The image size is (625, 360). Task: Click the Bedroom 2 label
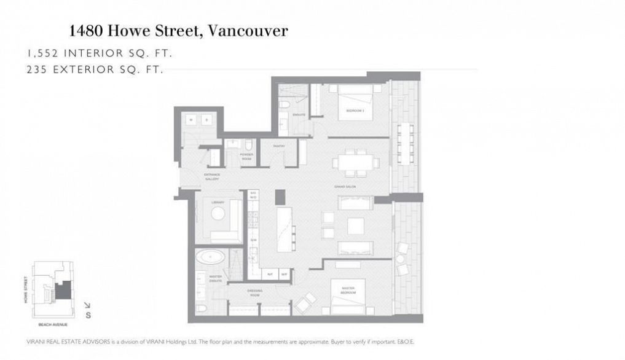coord(355,111)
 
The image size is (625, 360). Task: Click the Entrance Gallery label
coord(213,176)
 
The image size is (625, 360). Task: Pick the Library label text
coord(217,202)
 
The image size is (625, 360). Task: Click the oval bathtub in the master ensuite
coord(210,257)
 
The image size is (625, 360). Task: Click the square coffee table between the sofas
coord(356,227)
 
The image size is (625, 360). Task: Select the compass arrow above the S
coord(87,305)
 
